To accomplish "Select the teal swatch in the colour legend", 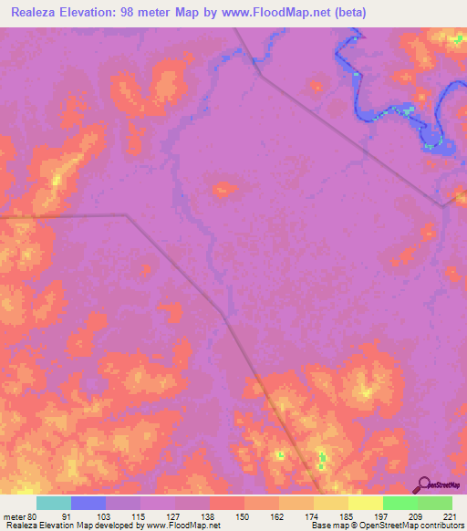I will tap(54, 503).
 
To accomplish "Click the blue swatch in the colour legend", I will tap(88, 503).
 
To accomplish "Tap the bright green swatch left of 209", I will tap(400, 503).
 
